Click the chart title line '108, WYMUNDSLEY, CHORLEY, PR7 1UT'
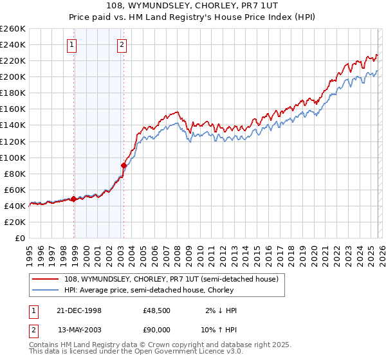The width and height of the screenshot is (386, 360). [192, 7]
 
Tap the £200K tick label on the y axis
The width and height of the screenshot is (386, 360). [13, 77]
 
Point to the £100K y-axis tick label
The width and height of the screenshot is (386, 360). [13, 157]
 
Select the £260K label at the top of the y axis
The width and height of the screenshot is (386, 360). [13, 29]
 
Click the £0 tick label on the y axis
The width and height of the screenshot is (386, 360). [19, 239]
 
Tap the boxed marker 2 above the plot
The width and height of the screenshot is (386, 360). [122, 44]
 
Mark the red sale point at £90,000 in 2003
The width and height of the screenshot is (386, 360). [124, 165]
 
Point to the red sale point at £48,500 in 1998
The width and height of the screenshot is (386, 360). [73, 199]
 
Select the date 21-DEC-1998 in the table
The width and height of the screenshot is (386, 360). [80, 310]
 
